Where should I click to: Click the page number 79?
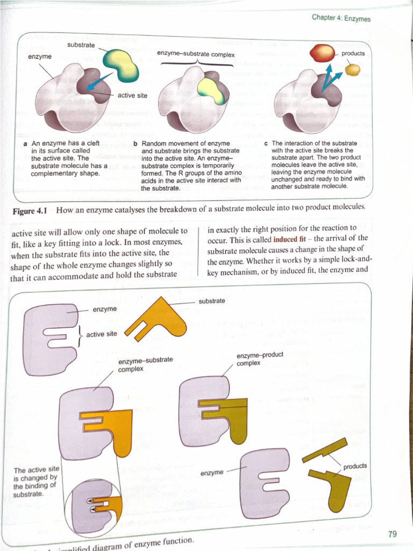pyautogui.click(x=391, y=534)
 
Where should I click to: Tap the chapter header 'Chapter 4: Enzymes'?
pyautogui.click(x=341, y=18)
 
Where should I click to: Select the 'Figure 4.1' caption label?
pyautogui.click(x=30, y=210)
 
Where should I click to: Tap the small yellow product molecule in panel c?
pyautogui.click(x=352, y=69)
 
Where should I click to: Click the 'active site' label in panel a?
pyautogui.click(x=132, y=95)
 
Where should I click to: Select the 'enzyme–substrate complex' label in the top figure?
pyautogui.click(x=196, y=54)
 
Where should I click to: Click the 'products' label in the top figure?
pyautogui.click(x=353, y=53)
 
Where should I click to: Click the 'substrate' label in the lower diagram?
pyautogui.click(x=211, y=301)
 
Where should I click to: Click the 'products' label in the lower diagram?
pyautogui.click(x=355, y=466)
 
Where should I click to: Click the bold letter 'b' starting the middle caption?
pyautogui.click(x=135, y=144)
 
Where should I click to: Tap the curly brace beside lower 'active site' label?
pyautogui.click(x=80, y=334)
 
